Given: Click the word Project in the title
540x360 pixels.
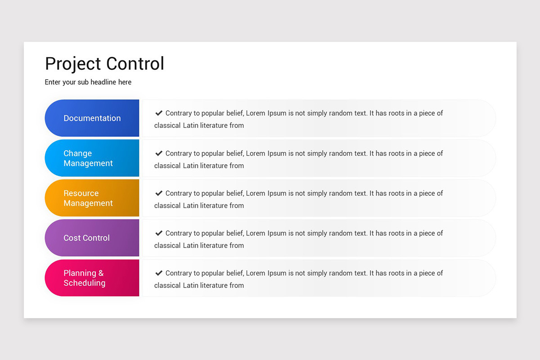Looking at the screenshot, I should tap(72, 64).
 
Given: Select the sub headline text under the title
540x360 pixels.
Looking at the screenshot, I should tap(88, 82).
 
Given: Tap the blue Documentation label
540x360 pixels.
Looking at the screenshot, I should tap(92, 118).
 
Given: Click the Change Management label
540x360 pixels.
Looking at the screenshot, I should tap(88, 158).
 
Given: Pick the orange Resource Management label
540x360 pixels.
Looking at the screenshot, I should tap(88, 198).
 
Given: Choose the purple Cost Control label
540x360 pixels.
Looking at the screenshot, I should tap(86, 238).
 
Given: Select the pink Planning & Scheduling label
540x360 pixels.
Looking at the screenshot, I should tap(85, 278).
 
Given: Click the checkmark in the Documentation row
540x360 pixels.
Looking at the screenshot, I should tap(159, 113).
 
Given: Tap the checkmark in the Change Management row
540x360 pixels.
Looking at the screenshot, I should tap(159, 153).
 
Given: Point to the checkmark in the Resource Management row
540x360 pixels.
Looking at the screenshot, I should tap(159, 193).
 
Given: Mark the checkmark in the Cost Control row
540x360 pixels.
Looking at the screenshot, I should tap(159, 233).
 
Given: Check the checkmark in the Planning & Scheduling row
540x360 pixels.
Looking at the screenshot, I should tap(159, 273).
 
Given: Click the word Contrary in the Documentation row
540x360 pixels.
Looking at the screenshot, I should tap(179, 113).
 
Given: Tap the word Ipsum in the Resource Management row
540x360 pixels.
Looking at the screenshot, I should tap(277, 193).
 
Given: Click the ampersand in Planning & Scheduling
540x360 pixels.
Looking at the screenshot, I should tap(101, 273).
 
